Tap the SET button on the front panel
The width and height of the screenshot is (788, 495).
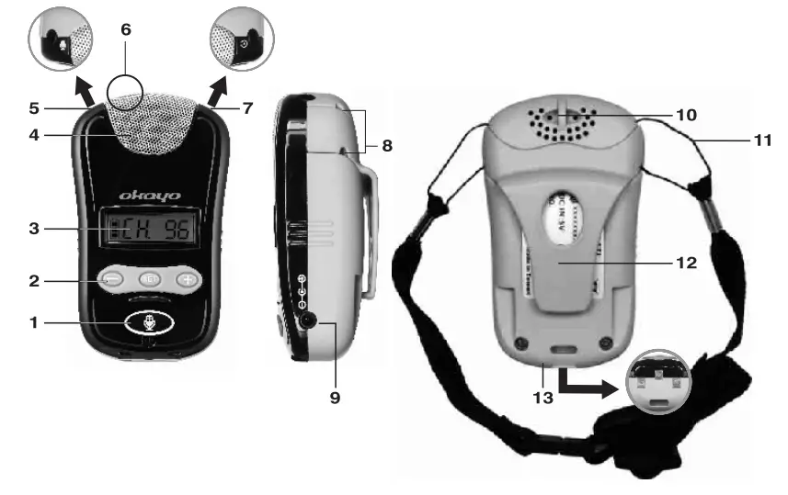150,279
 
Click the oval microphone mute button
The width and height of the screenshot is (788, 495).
151,324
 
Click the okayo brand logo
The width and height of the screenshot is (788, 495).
150,195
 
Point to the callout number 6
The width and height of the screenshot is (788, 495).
126,29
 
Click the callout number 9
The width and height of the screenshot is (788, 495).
335,399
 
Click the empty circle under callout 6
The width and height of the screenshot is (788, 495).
125,93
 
